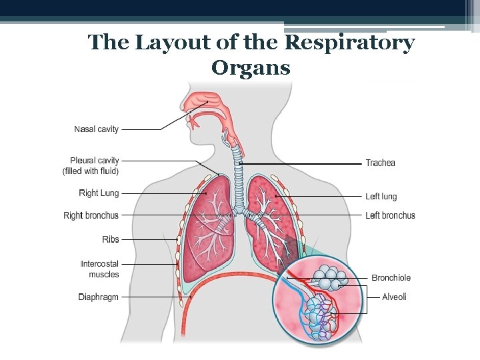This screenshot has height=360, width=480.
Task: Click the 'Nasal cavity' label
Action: [96, 129]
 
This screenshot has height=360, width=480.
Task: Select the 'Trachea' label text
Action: [380, 163]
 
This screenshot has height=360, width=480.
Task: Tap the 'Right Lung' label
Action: [99, 193]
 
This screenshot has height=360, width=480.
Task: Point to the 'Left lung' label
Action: [381, 197]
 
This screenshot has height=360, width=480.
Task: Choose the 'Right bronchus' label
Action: [91, 215]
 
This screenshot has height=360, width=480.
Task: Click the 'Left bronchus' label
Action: [390, 215]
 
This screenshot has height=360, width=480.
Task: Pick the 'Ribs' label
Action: [110, 239]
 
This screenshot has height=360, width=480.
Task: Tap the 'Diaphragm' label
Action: [98, 297]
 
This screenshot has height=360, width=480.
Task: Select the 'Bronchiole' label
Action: [391, 278]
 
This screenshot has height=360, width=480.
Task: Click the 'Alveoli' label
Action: [394, 297]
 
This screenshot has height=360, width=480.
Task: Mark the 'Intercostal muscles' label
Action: [99, 269]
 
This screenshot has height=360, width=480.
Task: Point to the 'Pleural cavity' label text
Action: [94, 161]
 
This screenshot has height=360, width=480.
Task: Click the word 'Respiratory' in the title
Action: [349, 43]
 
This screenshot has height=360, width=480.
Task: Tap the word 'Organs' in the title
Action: [251, 67]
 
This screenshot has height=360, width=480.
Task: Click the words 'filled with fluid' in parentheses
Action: [91, 171]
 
